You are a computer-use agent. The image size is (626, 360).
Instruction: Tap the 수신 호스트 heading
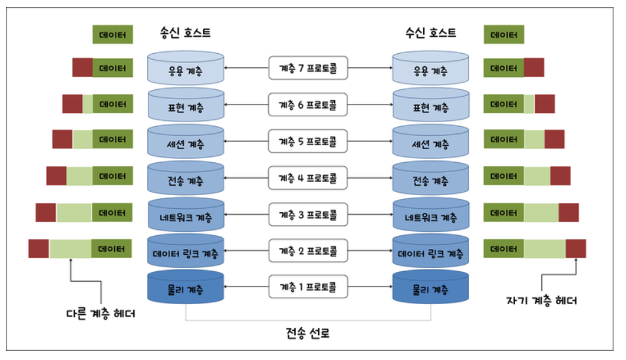(x=431, y=32)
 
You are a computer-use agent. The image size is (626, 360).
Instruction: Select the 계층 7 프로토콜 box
(x=308, y=68)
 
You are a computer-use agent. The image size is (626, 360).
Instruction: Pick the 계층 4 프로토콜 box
(x=308, y=177)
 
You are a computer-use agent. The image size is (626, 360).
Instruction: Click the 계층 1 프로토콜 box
(x=308, y=287)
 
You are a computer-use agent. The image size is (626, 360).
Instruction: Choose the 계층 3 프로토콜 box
(x=308, y=214)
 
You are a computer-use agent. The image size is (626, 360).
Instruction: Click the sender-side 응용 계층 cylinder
(x=187, y=69)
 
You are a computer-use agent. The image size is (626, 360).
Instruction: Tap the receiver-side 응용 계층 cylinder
(x=430, y=69)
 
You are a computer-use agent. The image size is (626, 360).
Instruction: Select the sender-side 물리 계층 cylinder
(x=187, y=289)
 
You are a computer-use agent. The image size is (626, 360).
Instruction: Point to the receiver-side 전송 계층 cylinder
(x=430, y=179)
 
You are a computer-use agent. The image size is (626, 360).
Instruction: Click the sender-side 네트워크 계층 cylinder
(x=187, y=216)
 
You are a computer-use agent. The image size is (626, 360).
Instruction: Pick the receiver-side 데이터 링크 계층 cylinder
(x=430, y=253)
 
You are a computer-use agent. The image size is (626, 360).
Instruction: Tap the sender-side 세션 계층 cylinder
(x=187, y=143)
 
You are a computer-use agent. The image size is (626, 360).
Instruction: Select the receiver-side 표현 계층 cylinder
(x=430, y=106)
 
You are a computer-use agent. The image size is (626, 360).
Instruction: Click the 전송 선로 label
(x=307, y=333)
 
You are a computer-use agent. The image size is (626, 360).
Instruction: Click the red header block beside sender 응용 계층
(x=82, y=67)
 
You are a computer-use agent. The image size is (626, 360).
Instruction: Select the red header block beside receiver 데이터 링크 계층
(x=575, y=248)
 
